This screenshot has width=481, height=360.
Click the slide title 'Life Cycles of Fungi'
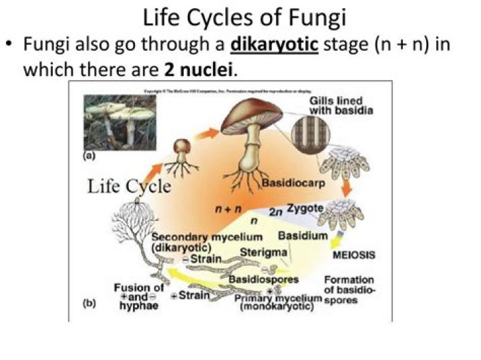tap(240, 16)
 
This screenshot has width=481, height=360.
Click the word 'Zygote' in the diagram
tap(305, 209)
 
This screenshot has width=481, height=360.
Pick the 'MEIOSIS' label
tap(353, 255)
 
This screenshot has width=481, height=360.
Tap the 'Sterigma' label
tap(263, 252)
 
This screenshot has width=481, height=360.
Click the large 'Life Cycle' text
tap(129, 186)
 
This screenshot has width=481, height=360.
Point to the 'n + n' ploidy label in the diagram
tap(227, 209)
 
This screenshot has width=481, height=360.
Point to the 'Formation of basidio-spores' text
tap(349, 290)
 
